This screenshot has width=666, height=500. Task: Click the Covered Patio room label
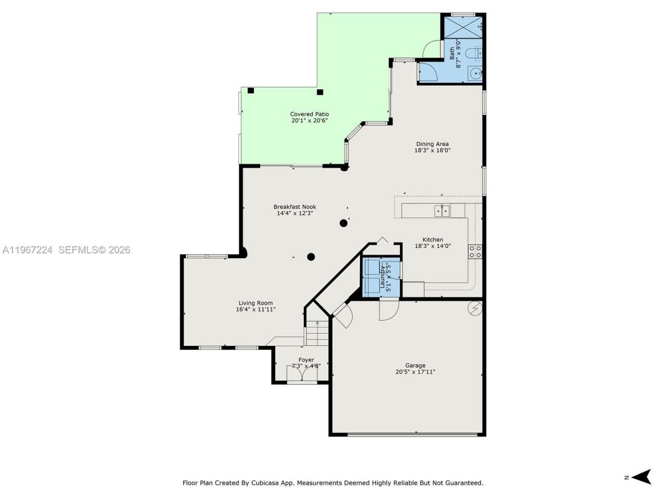(x=309, y=114)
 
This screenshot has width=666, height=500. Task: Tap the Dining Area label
(x=432, y=144)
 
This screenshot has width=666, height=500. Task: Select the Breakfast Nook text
(x=294, y=207)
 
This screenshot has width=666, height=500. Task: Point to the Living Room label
(x=255, y=303)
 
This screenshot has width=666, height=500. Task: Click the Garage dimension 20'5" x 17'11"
(x=415, y=372)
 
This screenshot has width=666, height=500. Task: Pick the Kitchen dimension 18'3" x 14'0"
(x=432, y=246)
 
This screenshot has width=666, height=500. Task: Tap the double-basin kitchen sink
(x=442, y=210)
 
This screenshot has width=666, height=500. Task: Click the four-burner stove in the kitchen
(x=475, y=252)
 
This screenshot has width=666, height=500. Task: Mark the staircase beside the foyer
(x=317, y=333)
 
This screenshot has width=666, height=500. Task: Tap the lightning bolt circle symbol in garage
(x=475, y=308)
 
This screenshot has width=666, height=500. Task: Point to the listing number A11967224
(x=28, y=250)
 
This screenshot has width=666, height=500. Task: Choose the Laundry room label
(x=382, y=277)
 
